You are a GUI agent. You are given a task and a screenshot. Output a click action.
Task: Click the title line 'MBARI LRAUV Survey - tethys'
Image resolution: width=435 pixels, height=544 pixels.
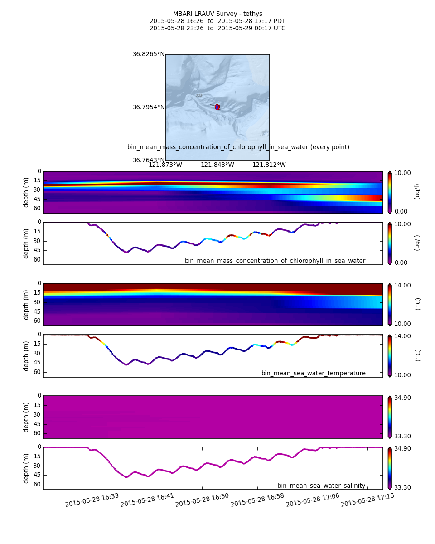click(217, 14)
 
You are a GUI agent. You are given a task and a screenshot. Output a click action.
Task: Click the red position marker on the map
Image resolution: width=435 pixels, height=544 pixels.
click(217, 107)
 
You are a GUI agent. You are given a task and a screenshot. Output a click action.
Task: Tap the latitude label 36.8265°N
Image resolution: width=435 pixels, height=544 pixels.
click(149, 54)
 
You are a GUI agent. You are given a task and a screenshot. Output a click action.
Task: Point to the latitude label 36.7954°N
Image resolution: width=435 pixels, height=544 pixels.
click(149, 107)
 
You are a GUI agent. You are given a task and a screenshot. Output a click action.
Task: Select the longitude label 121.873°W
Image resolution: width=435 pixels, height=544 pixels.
click(165, 165)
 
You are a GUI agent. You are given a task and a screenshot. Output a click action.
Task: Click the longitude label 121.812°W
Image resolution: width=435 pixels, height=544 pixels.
click(269, 165)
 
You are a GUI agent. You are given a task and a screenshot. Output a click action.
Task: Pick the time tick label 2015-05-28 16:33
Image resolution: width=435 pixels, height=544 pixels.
click(92, 500)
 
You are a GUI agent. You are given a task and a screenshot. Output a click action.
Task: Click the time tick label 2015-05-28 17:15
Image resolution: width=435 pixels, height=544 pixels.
click(367, 500)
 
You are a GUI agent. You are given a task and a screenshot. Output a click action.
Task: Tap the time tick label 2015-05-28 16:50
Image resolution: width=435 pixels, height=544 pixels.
click(202, 500)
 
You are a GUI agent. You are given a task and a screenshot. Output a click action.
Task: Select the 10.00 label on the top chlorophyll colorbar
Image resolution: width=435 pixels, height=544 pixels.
click(402, 173)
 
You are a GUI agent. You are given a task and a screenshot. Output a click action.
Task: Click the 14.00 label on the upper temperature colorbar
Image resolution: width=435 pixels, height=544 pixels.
click(402, 285)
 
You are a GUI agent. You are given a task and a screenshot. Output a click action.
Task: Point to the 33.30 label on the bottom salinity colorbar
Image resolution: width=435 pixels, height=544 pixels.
click(402, 487)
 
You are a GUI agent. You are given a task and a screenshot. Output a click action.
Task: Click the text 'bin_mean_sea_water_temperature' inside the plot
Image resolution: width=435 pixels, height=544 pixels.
click(314, 373)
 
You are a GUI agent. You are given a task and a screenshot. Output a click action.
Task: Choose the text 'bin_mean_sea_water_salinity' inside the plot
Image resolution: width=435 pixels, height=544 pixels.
click(322, 486)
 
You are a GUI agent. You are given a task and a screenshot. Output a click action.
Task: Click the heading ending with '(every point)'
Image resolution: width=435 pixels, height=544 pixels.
click(238, 147)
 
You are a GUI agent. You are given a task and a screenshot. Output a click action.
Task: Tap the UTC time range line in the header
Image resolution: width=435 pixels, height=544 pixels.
click(217, 29)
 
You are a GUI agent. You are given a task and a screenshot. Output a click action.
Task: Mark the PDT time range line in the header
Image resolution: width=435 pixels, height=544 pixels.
click(217, 21)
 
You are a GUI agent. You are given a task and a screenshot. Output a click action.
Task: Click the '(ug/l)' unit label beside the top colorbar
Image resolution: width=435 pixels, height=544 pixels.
click(417, 191)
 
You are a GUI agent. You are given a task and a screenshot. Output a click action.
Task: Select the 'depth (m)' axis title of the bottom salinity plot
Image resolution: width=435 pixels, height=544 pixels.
click(26, 468)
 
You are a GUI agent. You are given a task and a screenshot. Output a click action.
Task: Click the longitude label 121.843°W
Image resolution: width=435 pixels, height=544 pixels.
click(217, 165)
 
